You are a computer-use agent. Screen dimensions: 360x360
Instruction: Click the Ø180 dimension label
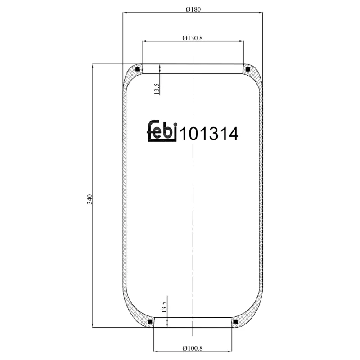pos(193,9)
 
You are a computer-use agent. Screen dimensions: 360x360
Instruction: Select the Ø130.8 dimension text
pos(193,38)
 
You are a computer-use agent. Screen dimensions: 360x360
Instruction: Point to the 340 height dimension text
pos(90,199)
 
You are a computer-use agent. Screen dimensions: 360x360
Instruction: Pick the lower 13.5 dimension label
pos(164,308)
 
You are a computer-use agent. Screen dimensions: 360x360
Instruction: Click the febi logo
pos(162,131)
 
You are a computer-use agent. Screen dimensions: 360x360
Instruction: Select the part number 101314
pos(209,134)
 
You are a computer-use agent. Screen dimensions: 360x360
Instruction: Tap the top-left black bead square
pos(138,69)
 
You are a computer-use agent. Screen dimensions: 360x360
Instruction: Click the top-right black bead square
pos(247,69)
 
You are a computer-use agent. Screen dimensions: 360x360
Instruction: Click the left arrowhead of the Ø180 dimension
pos(125,13)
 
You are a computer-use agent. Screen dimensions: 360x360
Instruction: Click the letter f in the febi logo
pos(152,131)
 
